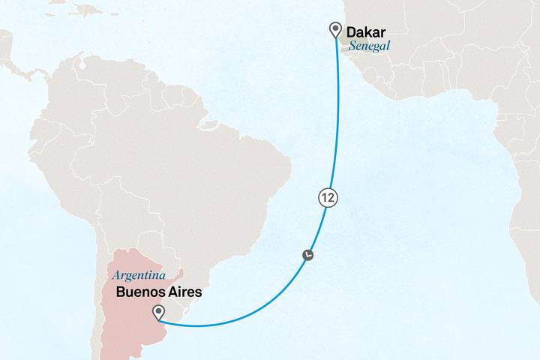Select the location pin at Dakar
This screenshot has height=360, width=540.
pyautogui.click(x=334, y=29)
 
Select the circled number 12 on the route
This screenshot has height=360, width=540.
pyautogui.click(x=327, y=198)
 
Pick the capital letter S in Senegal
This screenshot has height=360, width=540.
pyautogui.click(x=352, y=45)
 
